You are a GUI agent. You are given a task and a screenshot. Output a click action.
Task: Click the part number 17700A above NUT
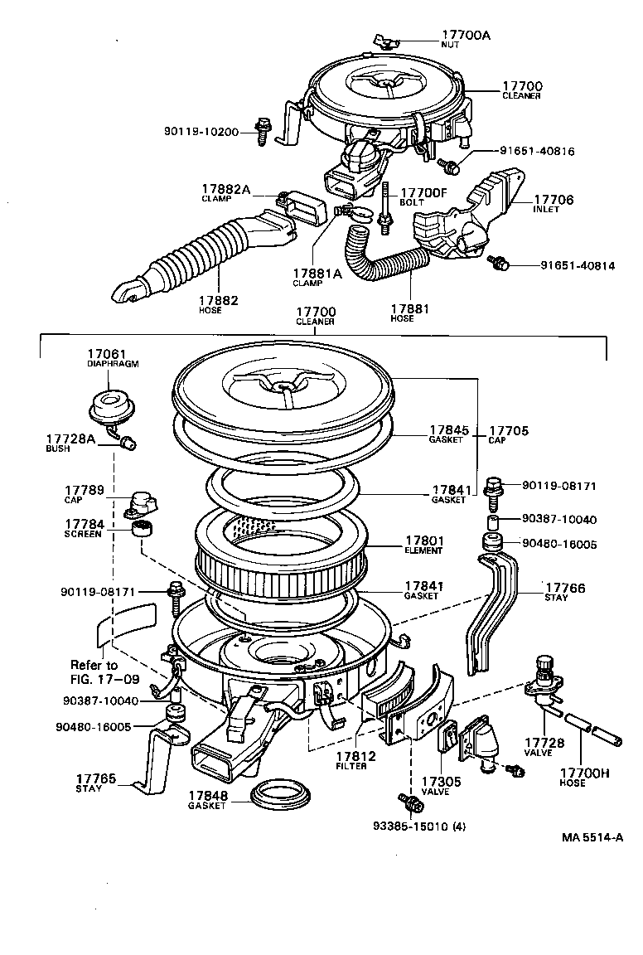coord(466,35)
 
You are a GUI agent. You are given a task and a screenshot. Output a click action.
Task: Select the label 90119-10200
coord(201,132)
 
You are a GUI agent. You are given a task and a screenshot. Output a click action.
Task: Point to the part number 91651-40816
coord(536,152)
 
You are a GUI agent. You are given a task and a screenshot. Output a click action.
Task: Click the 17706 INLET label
coord(553,203)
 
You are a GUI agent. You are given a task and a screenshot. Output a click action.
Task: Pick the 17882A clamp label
coord(225,193)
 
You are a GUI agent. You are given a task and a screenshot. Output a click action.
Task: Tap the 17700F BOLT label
coord(423,196)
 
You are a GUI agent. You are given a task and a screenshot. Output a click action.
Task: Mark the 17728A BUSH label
coord(70,441)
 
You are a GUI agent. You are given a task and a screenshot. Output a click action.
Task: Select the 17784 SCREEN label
coord(83,528)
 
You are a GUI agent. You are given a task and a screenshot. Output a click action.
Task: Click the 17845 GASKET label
coord(448,434)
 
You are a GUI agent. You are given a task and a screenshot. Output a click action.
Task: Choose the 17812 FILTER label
coord(355,759)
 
